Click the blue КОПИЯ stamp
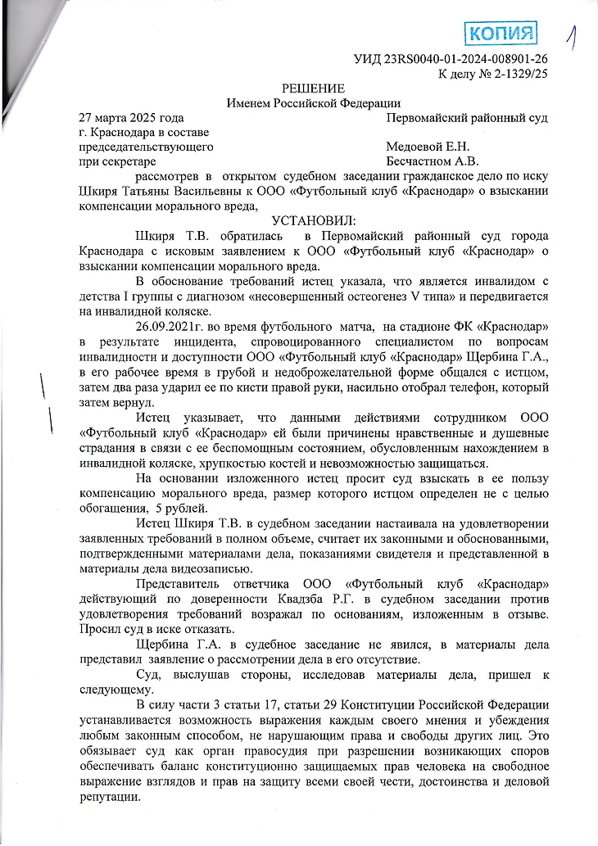(501, 33)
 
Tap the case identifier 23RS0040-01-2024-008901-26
(466, 60)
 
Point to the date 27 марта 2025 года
(125, 118)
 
